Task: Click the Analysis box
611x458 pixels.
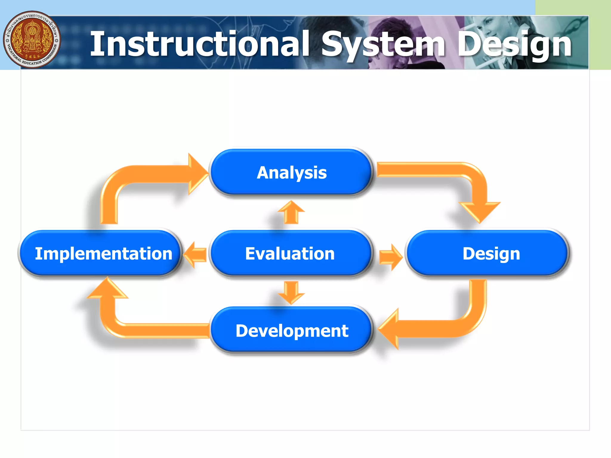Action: tap(291, 172)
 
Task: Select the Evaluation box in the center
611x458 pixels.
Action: tap(290, 253)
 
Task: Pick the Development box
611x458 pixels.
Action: tap(292, 330)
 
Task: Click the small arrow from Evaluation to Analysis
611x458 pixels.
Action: tap(291, 212)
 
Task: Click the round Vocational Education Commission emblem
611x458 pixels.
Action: tap(32, 40)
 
